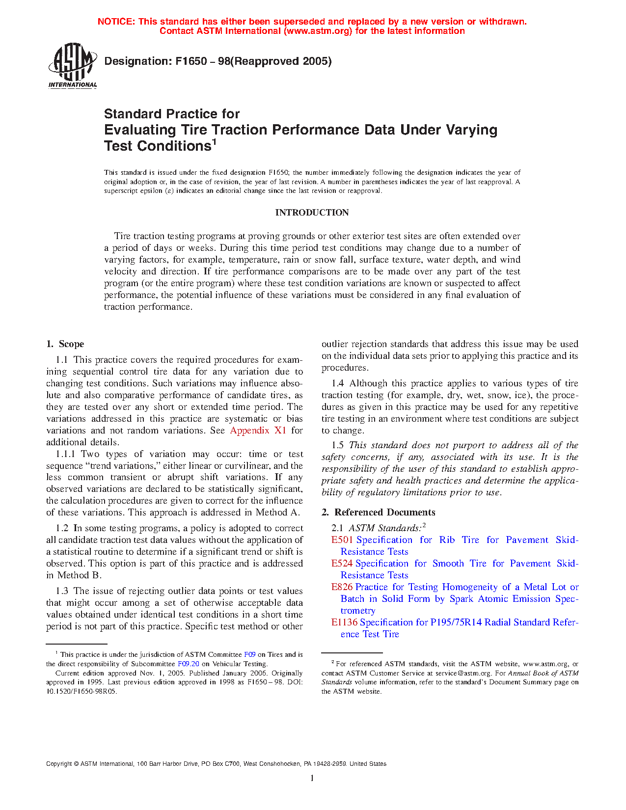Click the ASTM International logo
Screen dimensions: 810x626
tap(72, 65)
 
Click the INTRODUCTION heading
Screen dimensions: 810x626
tap(312, 213)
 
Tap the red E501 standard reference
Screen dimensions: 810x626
tap(342, 540)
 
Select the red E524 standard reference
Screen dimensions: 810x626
tap(342, 564)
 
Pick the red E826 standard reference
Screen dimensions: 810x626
tap(342, 587)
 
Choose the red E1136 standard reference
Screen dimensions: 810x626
tap(344, 622)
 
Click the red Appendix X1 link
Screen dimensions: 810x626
tap(258, 431)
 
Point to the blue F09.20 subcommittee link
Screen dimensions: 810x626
tap(188, 664)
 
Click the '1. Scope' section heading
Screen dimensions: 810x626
tap(65, 344)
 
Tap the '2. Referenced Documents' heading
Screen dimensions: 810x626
tap(379, 513)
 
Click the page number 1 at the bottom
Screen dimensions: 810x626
tap(312, 778)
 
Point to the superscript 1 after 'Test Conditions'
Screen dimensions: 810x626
tap(214, 142)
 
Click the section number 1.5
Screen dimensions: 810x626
tap(337, 445)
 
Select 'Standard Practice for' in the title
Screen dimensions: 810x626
tap(172, 114)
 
